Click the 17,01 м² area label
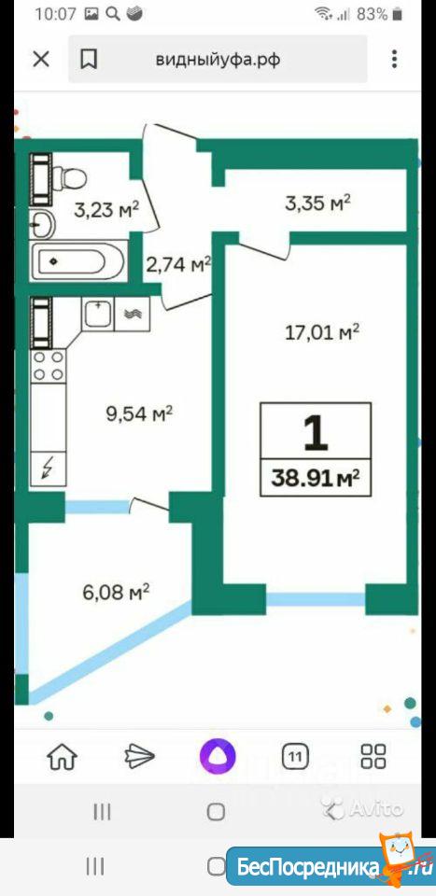pyautogui.click(x=322, y=332)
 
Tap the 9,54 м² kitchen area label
pyautogui.click(x=139, y=413)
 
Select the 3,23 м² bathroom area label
pyautogui.click(x=106, y=209)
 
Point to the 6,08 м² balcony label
pyautogui.click(x=116, y=592)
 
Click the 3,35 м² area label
pyautogui.click(x=317, y=203)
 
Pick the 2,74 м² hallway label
pyautogui.click(x=179, y=264)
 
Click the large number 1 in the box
pyautogui.click(x=315, y=432)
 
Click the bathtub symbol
pyautogui.click(x=77, y=262)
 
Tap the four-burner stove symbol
pyautogui.click(x=49, y=366)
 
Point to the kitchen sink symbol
pyautogui.click(x=99, y=314)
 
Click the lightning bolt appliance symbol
pyautogui.click(x=49, y=469)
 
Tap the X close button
pyautogui.click(x=41, y=60)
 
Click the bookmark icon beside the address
pyautogui.click(x=89, y=60)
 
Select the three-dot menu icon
pyautogui.click(x=394, y=60)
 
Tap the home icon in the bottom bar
pyautogui.click(x=63, y=758)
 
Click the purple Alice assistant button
pyautogui.click(x=218, y=757)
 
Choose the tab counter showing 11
pyautogui.click(x=295, y=758)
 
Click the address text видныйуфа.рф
pyautogui.click(x=218, y=60)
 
